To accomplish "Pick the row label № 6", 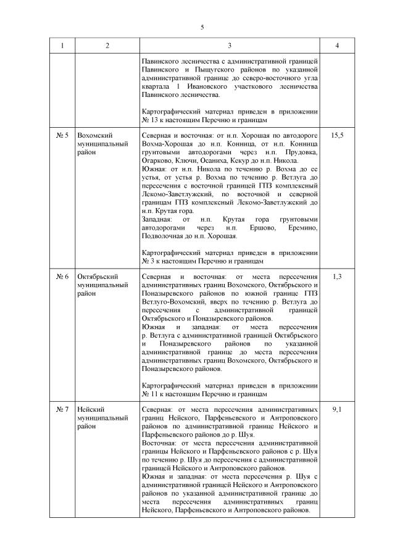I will [62, 277].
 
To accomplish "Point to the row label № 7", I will [62, 409].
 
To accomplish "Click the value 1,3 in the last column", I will [337, 277].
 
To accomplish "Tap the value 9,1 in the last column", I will [337, 409].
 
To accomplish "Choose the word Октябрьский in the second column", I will [98, 277].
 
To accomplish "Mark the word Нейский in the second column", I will [91, 409].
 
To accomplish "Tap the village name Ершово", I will [263, 228].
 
